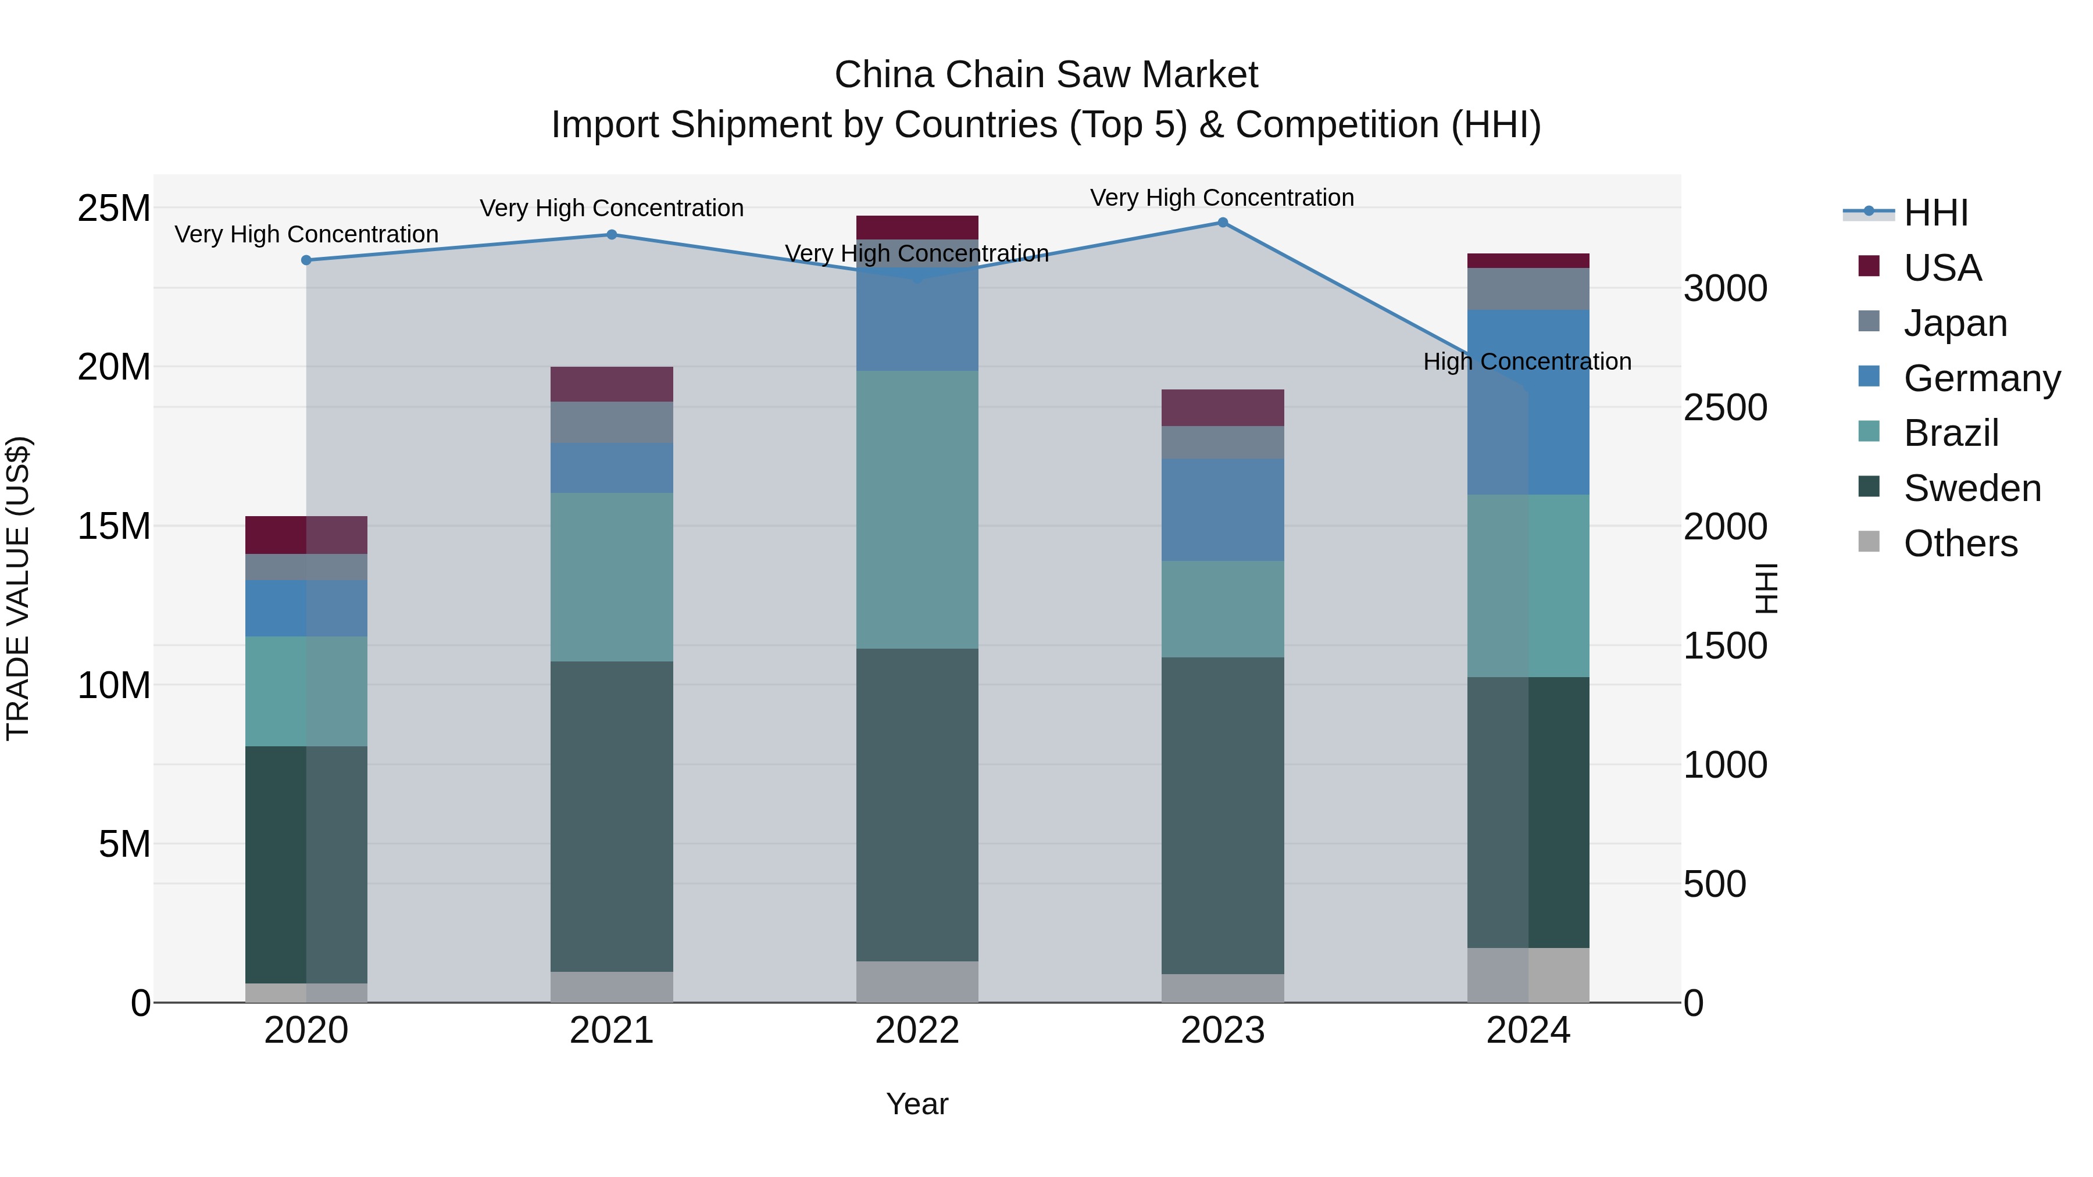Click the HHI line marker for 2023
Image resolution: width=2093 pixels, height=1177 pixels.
tap(1222, 223)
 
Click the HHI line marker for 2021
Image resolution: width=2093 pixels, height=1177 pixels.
tap(612, 235)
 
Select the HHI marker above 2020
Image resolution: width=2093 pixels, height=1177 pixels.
tap(306, 260)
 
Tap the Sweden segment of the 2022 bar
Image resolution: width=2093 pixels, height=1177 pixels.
tap(917, 804)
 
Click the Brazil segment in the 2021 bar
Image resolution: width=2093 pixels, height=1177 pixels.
tap(612, 577)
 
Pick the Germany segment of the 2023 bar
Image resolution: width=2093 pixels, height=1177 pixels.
tap(1222, 509)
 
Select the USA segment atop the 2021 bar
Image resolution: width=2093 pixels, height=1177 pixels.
tap(612, 384)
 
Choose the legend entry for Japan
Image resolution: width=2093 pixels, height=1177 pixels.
tap(1954, 323)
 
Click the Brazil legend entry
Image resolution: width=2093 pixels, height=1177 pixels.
tap(1950, 433)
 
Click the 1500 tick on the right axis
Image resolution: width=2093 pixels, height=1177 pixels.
tap(1724, 646)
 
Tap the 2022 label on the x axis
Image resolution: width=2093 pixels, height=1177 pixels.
tap(917, 1031)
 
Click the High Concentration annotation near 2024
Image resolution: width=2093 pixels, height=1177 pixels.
tap(1527, 362)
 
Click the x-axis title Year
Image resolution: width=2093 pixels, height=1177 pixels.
tap(917, 1104)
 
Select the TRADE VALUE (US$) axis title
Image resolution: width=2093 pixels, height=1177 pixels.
tap(18, 588)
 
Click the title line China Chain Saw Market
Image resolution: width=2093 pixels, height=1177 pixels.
tap(1046, 75)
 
